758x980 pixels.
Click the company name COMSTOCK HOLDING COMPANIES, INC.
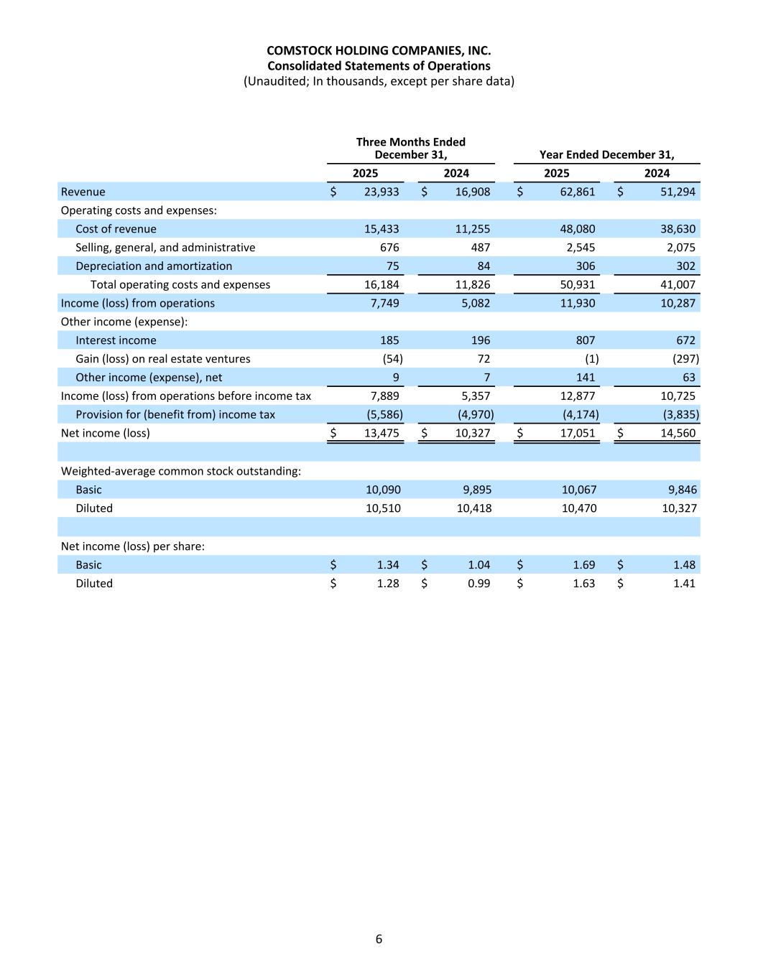click(379, 51)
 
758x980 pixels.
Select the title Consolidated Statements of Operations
click(379, 66)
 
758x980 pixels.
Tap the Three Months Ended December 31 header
click(411, 149)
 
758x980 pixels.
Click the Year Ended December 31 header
click(606, 154)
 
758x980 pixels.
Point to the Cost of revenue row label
click(116, 229)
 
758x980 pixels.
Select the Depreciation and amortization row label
click(154, 266)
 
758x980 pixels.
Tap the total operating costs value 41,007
click(677, 285)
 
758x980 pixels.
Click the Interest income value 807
click(586, 340)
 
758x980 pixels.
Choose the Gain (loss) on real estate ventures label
click(163, 359)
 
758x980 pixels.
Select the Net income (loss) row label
click(106, 433)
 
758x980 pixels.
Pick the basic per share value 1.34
click(388, 565)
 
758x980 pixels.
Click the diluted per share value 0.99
click(479, 584)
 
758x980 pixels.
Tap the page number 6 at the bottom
click(379, 939)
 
